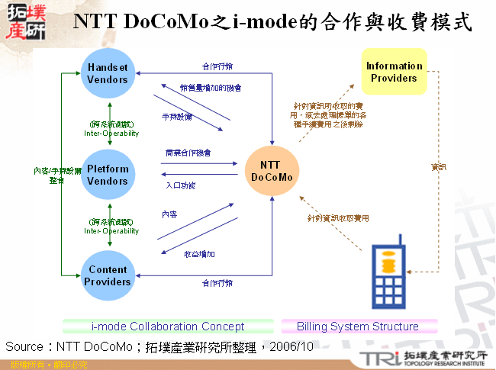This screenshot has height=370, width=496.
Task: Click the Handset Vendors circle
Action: [108, 73]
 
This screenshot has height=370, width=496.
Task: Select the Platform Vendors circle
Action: [108, 175]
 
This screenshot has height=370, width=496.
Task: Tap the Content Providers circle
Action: [108, 275]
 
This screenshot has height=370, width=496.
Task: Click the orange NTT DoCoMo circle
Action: [271, 171]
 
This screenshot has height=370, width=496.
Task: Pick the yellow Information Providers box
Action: [394, 72]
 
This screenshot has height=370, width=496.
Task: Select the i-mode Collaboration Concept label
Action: [168, 327]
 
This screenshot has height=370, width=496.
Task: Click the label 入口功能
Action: [181, 185]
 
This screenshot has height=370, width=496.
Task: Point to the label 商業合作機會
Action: [188, 153]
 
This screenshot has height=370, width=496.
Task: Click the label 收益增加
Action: [200, 253]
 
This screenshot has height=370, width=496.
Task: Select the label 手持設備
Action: [177, 117]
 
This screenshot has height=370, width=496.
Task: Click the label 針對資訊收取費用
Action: [338, 218]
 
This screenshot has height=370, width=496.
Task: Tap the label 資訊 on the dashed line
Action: [439, 166]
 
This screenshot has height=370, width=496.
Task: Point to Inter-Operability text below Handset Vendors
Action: [111, 133]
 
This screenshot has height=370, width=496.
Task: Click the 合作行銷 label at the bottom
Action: [217, 283]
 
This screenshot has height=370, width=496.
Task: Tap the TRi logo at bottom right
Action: [378, 358]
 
